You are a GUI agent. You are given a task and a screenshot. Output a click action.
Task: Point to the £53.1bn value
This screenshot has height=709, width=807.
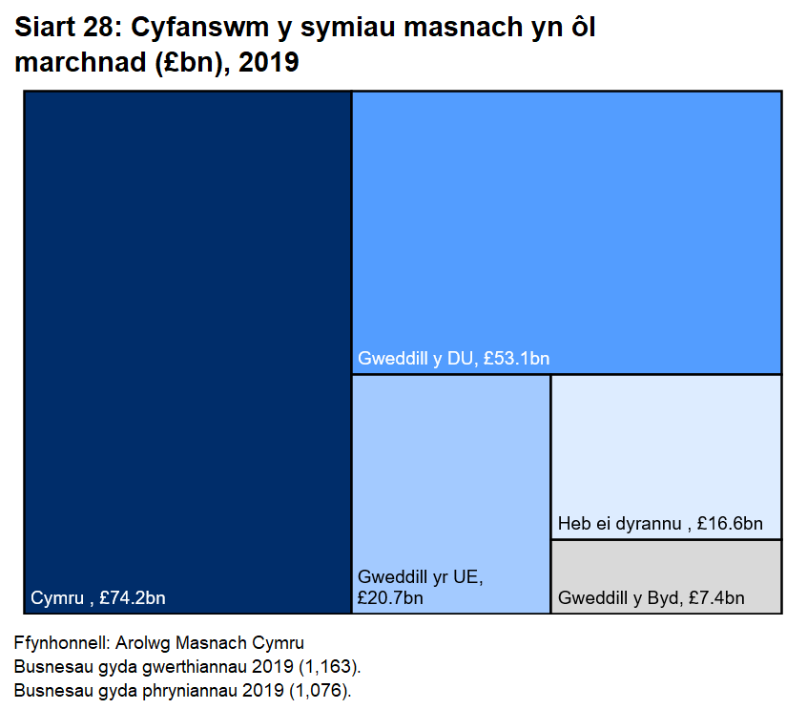(x=516, y=359)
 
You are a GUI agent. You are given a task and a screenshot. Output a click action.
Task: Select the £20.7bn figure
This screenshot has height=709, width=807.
(x=390, y=598)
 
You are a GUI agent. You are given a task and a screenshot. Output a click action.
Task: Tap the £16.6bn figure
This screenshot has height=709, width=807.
(x=730, y=524)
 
